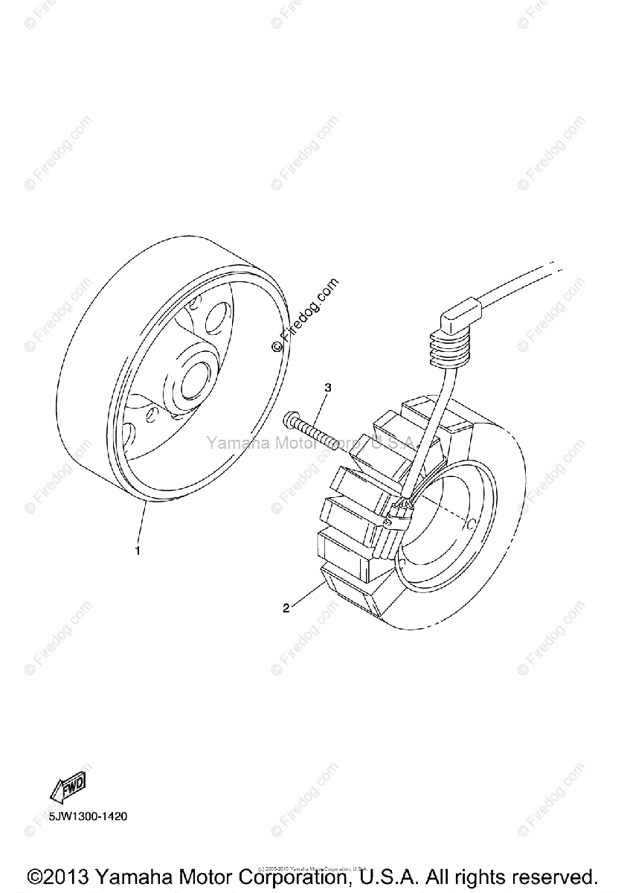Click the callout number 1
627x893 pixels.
click(x=137, y=551)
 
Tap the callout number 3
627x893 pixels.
click(x=327, y=388)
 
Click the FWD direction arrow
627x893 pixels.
click(x=68, y=788)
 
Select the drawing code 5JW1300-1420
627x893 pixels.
click(x=89, y=816)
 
